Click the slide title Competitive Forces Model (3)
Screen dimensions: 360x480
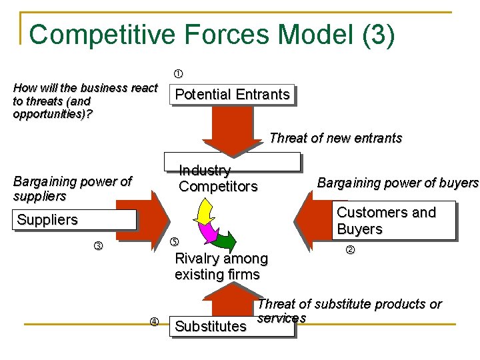212,35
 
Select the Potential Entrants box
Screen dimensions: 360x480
232,95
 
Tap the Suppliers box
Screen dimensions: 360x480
73,219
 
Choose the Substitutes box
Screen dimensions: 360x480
210,326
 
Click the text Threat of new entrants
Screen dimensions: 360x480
335,138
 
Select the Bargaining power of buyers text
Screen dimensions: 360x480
397,183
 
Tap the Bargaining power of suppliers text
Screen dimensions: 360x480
72,189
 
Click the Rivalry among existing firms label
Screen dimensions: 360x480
221,266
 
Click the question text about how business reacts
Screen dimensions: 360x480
85,101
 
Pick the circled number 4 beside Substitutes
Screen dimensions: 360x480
153,322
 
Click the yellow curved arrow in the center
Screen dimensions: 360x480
203,212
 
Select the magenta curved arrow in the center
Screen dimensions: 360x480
210,230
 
